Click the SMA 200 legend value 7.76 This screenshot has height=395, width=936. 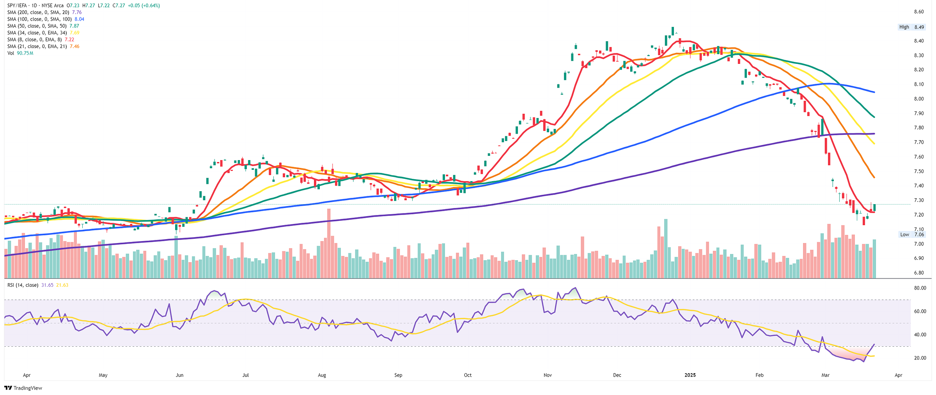click(77, 12)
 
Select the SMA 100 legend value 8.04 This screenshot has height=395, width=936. click(79, 19)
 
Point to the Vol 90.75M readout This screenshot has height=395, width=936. click(25, 53)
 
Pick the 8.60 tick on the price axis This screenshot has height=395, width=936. click(919, 12)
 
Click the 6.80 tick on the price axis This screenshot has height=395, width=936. click(919, 273)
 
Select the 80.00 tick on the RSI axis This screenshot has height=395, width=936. click(920, 288)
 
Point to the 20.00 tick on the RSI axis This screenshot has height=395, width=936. click(920, 358)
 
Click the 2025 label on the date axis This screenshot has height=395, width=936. click(690, 375)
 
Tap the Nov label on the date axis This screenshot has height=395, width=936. click(548, 375)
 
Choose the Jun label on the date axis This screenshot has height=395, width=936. click(179, 375)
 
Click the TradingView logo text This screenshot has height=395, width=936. click(28, 388)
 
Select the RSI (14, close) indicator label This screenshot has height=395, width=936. click(23, 285)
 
